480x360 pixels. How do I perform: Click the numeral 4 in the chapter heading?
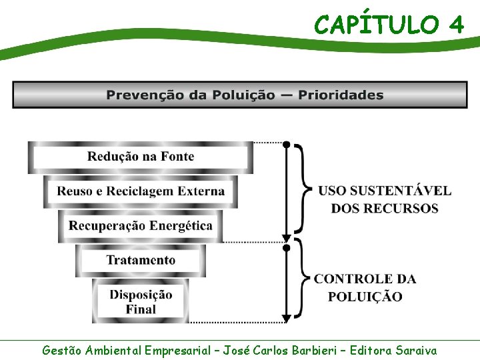coord(456,25)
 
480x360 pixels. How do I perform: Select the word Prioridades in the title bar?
coord(341,95)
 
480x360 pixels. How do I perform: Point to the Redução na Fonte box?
coord(141,157)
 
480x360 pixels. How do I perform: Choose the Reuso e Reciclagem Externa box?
coord(141,191)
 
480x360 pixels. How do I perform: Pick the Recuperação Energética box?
coord(141,225)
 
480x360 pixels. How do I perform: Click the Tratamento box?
coord(141,260)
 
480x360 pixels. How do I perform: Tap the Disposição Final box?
coord(141,301)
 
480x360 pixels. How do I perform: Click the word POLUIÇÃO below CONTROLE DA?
coord(365,297)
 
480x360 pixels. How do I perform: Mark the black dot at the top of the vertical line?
coord(287,144)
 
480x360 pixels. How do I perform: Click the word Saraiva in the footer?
coord(416,350)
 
